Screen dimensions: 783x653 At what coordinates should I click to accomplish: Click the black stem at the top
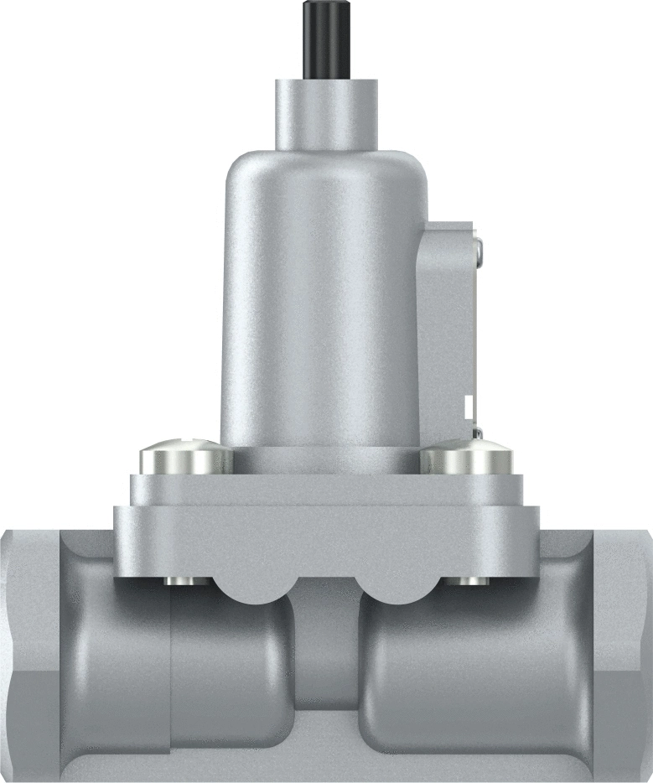point(324,39)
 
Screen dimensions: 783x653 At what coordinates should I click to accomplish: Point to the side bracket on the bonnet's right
point(448,327)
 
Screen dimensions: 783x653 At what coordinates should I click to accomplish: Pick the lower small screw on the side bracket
point(477,433)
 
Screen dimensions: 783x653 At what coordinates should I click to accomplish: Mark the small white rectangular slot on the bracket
point(469,408)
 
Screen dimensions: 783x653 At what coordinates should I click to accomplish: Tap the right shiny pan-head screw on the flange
point(465,459)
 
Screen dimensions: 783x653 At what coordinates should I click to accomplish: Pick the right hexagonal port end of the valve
point(620,654)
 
